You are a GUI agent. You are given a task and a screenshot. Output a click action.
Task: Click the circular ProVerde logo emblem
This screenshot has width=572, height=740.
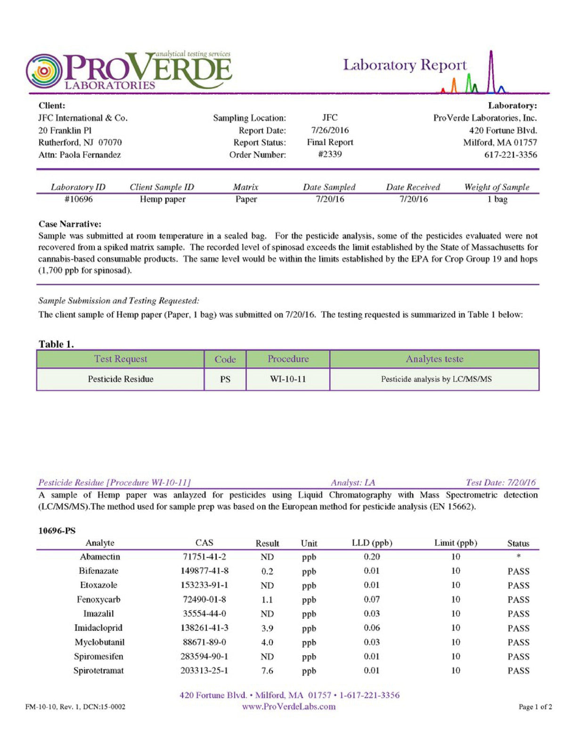pos(44,71)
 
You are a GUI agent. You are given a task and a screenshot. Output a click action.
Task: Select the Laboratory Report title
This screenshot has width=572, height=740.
pos(405,65)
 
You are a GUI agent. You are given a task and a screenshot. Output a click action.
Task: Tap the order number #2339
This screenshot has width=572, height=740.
pos(330,155)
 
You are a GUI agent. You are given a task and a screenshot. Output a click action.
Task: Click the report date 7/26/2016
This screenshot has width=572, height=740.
pos(330,130)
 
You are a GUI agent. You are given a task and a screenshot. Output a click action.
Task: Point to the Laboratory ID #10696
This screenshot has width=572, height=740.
pos(78,199)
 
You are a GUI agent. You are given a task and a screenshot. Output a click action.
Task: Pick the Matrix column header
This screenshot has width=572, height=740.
pos(245,187)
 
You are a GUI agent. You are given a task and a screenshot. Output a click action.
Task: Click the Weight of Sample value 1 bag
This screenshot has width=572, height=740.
pos(497,199)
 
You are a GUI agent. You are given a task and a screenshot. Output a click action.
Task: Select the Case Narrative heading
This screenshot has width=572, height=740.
pos(70,224)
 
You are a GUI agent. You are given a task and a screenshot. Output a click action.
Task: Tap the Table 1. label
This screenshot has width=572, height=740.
pos(56,344)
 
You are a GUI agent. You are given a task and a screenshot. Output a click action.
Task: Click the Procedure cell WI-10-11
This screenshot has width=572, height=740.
pos(288,379)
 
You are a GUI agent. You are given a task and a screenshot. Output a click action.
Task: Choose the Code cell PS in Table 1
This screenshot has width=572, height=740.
pos(225,379)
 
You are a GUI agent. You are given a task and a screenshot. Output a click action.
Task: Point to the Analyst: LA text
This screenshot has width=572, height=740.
pos(353,482)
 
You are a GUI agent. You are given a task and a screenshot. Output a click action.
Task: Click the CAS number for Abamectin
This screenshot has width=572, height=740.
pos(204,557)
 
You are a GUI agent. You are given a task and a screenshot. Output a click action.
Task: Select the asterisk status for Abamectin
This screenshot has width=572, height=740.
pos(518,557)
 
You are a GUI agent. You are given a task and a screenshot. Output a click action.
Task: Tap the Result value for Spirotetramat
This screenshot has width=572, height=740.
pos(267,670)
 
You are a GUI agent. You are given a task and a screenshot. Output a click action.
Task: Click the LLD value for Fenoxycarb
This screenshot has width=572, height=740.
pos(371,599)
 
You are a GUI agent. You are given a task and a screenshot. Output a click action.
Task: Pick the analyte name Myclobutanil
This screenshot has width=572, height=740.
pos(99,642)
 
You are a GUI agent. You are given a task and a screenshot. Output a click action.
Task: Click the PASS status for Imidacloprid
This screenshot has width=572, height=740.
pos(518,628)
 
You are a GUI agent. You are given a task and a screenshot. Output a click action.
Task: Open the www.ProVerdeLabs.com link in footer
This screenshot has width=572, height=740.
pos(289,706)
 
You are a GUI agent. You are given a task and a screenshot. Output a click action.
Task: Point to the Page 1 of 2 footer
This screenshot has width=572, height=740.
pos(535,707)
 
